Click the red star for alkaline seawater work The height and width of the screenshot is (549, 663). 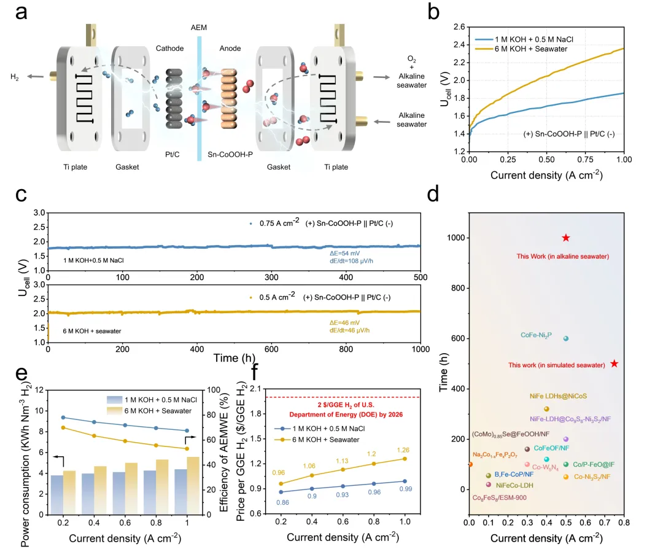pyautogui.click(x=565, y=238)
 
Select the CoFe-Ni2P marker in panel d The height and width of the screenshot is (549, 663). pyautogui.click(x=566, y=338)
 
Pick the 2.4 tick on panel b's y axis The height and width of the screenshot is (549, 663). pyautogui.click(x=457, y=44)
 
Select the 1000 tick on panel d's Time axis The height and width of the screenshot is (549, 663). pyautogui.click(x=454, y=238)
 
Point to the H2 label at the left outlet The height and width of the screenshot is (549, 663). pyautogui.click(x=14, y=76)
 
